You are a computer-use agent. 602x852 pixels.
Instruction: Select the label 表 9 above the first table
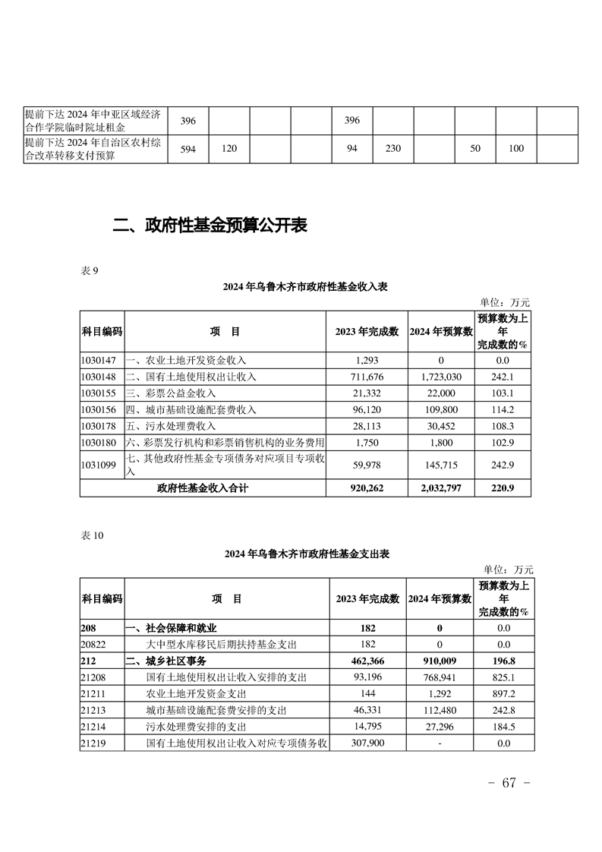90,271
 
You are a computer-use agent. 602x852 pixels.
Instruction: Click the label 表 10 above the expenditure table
92,535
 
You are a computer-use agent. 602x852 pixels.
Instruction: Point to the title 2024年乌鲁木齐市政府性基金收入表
306,286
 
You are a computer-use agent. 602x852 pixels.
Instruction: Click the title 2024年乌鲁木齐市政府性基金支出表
307,554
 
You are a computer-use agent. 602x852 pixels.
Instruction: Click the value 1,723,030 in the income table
440,377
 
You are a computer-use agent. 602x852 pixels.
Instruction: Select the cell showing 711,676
367,377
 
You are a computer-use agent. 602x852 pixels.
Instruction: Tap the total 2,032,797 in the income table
440,488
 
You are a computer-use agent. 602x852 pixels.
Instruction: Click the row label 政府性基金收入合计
203,488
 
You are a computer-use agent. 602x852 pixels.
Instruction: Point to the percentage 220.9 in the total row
503,488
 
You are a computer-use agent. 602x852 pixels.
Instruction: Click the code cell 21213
95,711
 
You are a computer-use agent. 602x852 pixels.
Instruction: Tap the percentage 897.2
503,694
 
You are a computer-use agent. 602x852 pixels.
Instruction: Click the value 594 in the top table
188,149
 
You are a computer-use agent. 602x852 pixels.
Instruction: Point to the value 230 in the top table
392,149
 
